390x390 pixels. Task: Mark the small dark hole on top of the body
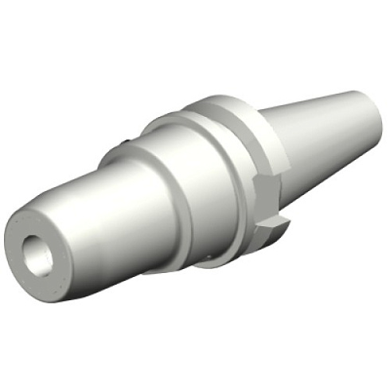tap(125, 142)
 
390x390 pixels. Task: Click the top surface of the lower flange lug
tap(271, 223)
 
